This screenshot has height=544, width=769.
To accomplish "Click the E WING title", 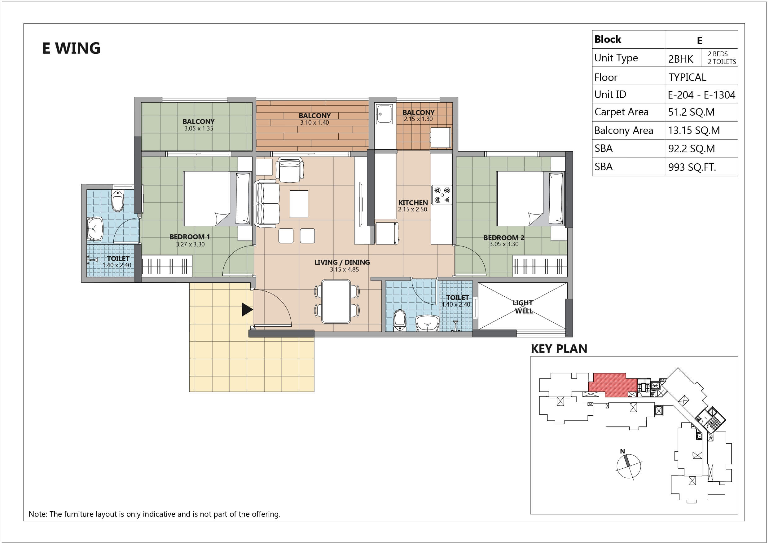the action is [71, 48].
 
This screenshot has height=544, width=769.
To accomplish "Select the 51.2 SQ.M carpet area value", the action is [691, 112].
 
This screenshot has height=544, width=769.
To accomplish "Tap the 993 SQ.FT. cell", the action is [692, 167].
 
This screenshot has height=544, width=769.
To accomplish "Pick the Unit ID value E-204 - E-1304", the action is [701, 95].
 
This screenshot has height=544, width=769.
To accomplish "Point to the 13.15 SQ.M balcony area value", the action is [694, 130].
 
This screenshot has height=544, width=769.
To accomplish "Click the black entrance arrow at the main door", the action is [247, 310].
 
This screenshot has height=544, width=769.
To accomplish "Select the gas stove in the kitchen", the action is [442, 195].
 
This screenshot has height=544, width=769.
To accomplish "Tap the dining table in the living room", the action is [336, 302].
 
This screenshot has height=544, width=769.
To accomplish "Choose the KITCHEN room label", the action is [413, 203].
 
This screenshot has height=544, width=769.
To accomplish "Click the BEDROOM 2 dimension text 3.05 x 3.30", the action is [504, 244].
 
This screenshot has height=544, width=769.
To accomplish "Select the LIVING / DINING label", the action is [342, 263].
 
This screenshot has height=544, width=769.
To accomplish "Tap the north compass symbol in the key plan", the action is [628, 465].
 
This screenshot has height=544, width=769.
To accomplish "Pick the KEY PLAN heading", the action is [559, 349].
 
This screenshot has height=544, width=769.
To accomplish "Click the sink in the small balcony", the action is [384, 114].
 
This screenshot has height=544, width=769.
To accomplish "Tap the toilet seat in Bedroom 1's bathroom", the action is [117, 201].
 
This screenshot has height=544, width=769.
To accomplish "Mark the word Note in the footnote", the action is [37, 514].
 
